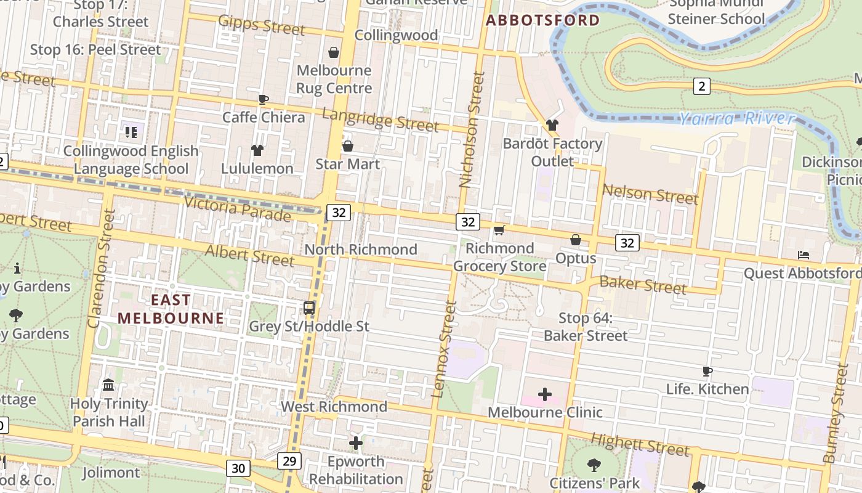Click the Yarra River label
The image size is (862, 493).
[x=736, y=118]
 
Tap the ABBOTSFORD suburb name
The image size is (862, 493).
[x=542, y=20]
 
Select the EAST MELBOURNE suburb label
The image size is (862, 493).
[x=171, y=309]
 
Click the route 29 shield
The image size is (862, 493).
[x=289, y=460]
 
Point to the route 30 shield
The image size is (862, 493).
[x=238, y=468]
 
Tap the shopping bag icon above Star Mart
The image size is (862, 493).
[x=347, y=146]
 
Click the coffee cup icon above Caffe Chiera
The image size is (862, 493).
[x=264, y=99]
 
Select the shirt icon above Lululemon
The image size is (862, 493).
[x=257, y=150]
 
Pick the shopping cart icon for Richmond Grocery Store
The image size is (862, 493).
[x=499, y=230]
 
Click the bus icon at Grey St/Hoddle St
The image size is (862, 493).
[x=309, y=308]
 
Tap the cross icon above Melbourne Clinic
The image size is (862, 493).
[x=545, y=394]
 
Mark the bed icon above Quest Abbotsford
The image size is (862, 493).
[x=803, y=255]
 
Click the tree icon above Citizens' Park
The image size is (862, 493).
[x=594, y=465]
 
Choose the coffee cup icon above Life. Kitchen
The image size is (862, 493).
[x=707, y=371]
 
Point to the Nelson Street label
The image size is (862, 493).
[x=650, y=195]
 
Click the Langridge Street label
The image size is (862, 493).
[x=381, y=120]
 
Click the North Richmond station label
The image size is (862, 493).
[x=361, y=250]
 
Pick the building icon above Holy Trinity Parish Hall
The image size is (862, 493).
[x=109, y=385]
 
